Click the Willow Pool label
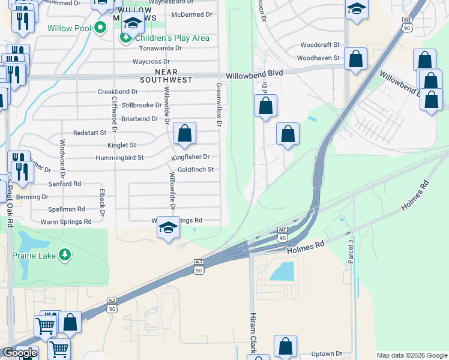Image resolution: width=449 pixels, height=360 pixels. [69, 28]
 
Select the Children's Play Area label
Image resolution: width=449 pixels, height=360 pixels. [172, 38]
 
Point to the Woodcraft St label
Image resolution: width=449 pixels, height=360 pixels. [320, 45]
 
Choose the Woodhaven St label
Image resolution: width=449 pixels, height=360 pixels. [318, 58]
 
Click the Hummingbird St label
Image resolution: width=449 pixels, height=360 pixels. [119, 158]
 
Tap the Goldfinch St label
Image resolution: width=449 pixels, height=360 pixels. [196, 170]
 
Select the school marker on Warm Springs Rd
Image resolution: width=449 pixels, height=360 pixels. [169, 227]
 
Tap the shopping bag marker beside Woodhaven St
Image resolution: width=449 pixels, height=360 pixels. [356, 59]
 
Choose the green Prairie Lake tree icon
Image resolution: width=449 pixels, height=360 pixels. [65, 256]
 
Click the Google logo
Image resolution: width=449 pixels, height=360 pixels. [19, 353]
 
